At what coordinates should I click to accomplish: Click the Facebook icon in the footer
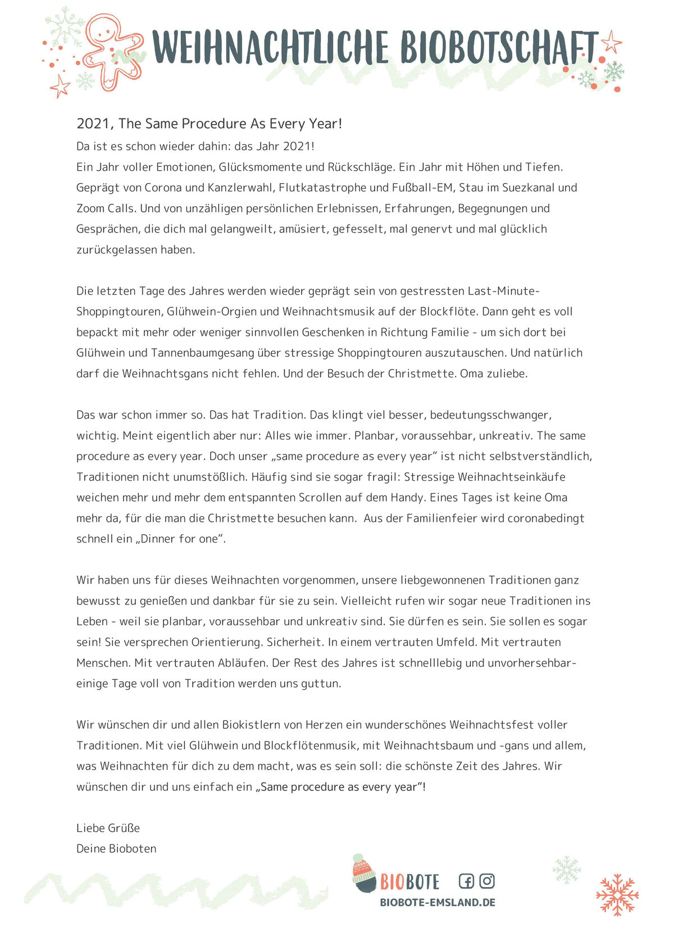click(x=466, y=881)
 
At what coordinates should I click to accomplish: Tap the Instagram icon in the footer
click(x=487, y=881)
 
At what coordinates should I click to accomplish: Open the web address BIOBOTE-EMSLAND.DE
click(x=438, y=902)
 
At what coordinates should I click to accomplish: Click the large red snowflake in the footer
click(x=617, y=894)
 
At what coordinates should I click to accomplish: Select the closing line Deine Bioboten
click(x=116, y=848)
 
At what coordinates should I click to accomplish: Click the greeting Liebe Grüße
click(x=108, y=827)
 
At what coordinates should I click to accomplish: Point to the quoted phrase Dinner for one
click(x=179, y=538)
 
